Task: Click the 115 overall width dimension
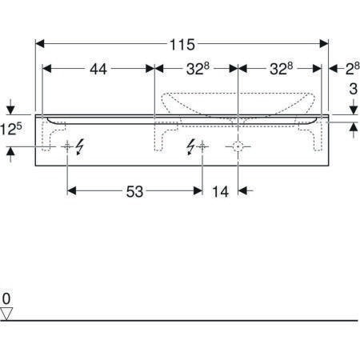point(182,45)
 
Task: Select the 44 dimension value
point(98,70)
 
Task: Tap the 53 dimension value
point(134,191)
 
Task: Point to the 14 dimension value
point(220,192)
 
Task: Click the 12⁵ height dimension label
point(11,130)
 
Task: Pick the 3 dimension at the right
point(353,89)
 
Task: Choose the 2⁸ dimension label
point(353,69)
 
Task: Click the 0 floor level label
point(6,298)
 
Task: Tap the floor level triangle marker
point(6,314)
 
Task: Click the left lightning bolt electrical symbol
point(80,146)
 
